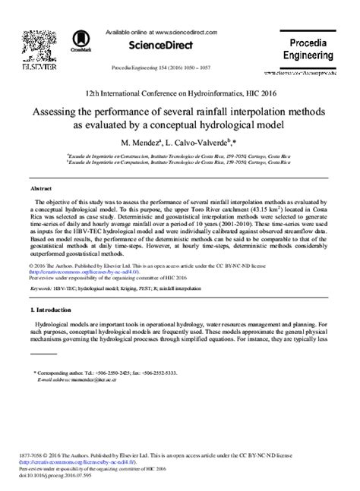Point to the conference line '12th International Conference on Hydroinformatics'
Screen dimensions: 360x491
point(180,90)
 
